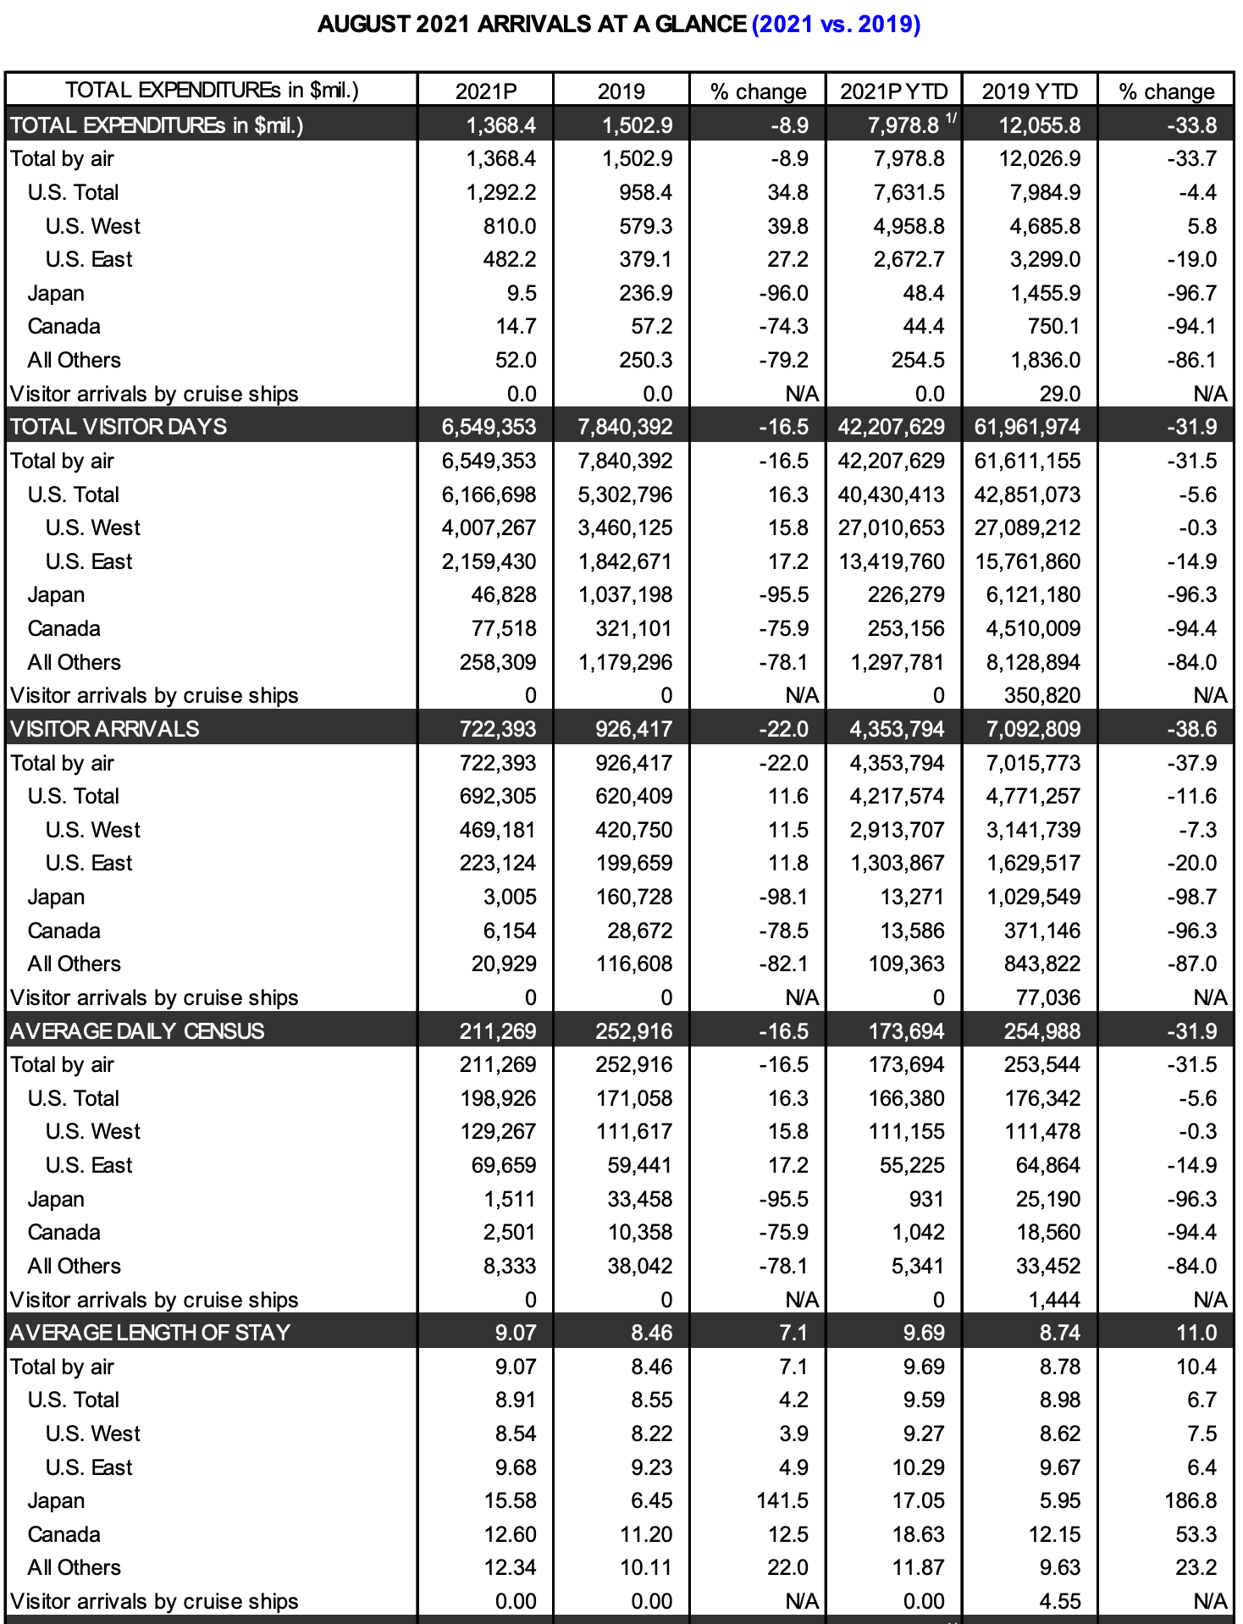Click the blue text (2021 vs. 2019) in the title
pyautogui.click(x=836, y=24)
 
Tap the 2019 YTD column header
pyautogui.click(x=1030, y=91)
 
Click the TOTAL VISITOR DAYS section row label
pyautogui.click(x=119, y=427)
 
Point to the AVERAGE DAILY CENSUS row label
pyautogui.click(x=137, y=1031)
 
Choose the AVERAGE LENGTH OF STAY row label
pyautogui.click(x=150, y=1333)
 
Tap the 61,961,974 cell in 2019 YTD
pyautogui.click(x=1027, y=427)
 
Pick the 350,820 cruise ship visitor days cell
pyautogui.click(x=1042, y=695)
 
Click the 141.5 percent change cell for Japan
pyautogui.click(x=782, y=1500)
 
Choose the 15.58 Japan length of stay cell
pyautogui.click(x=510, y=1500)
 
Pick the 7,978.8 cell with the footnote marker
pyautogui.click(x=903, y=125)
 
